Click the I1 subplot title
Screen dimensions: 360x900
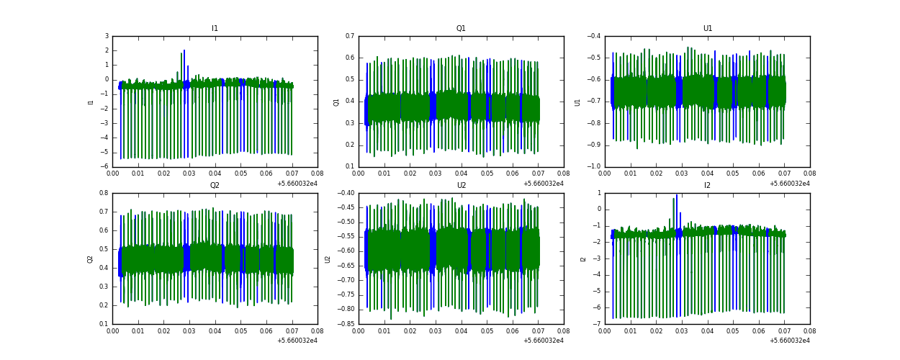pos(215,29)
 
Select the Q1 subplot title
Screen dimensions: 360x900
pos(461,29)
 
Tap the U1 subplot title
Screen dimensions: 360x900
pos(707,29)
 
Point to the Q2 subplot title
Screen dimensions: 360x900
pos(215,186)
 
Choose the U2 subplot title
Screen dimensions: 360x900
pos(461,186)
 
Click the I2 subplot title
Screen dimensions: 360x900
pos(707,186)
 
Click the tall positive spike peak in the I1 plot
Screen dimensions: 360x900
pos(184,50)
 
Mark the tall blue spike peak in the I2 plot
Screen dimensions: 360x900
pos(677,195)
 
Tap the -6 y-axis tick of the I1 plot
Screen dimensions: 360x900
pos(106,167)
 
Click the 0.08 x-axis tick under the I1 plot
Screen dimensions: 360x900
pos(318,174)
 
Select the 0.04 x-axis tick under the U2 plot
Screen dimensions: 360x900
pos(461,330)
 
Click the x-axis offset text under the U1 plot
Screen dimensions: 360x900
pos(789,183)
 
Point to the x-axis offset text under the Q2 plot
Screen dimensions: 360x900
pos(297,340)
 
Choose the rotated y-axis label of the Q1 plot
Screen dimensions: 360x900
pos(336,102)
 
